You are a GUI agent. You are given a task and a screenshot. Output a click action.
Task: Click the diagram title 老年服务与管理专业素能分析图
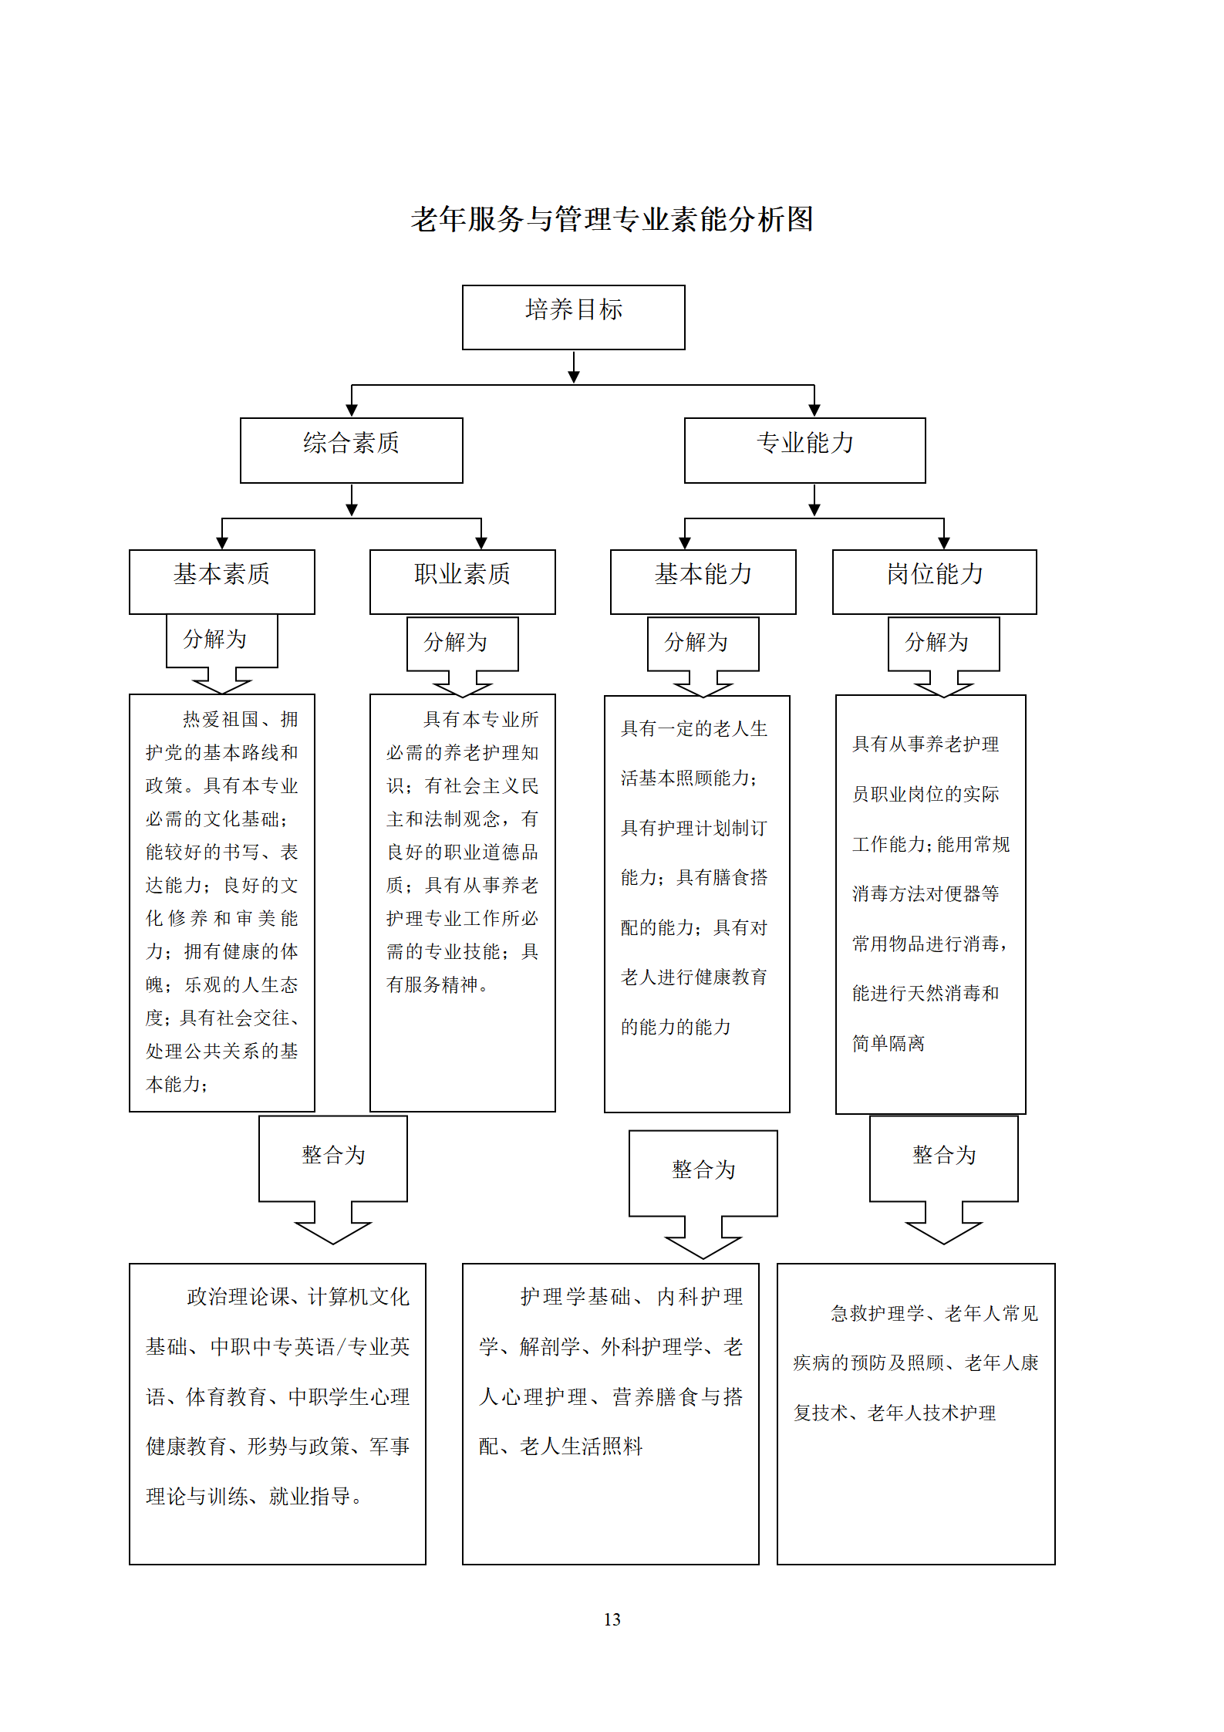pos(612,219)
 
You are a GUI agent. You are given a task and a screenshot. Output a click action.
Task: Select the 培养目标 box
pos(573,317)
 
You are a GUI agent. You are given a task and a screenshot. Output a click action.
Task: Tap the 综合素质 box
pos(351,451)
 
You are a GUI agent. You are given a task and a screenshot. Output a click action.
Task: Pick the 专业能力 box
pos(804,451)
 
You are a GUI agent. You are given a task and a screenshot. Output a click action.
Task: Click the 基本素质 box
pos(221,582)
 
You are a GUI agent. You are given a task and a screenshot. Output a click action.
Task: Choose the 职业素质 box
pos(462,582)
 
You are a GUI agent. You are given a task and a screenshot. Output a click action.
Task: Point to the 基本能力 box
pos(703,582)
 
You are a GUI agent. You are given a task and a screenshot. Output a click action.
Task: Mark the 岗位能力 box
pos(934,582)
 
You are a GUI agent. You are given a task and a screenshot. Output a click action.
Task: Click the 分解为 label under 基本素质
pos(214,639)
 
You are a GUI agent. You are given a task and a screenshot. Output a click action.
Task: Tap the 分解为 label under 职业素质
pos(455,642)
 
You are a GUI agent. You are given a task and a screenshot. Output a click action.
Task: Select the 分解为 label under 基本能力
pos(696,642)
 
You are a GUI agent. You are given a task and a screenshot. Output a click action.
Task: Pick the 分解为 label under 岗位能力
pos(936,642)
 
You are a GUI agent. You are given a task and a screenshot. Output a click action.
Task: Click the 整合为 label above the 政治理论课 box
pos(333,1155)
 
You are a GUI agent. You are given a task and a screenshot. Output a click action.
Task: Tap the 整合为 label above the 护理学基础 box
pos(703,1170)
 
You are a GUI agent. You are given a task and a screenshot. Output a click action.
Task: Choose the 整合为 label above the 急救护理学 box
pos(944,1155)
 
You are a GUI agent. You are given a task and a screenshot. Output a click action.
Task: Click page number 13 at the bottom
pos(612,1619)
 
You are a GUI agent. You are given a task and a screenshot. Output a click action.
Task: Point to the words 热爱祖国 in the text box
pos(221,719)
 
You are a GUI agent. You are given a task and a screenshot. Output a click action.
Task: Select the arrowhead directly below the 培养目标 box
pos(574,376)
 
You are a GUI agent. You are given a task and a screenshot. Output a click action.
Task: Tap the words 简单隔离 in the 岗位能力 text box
pos(888,1043)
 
